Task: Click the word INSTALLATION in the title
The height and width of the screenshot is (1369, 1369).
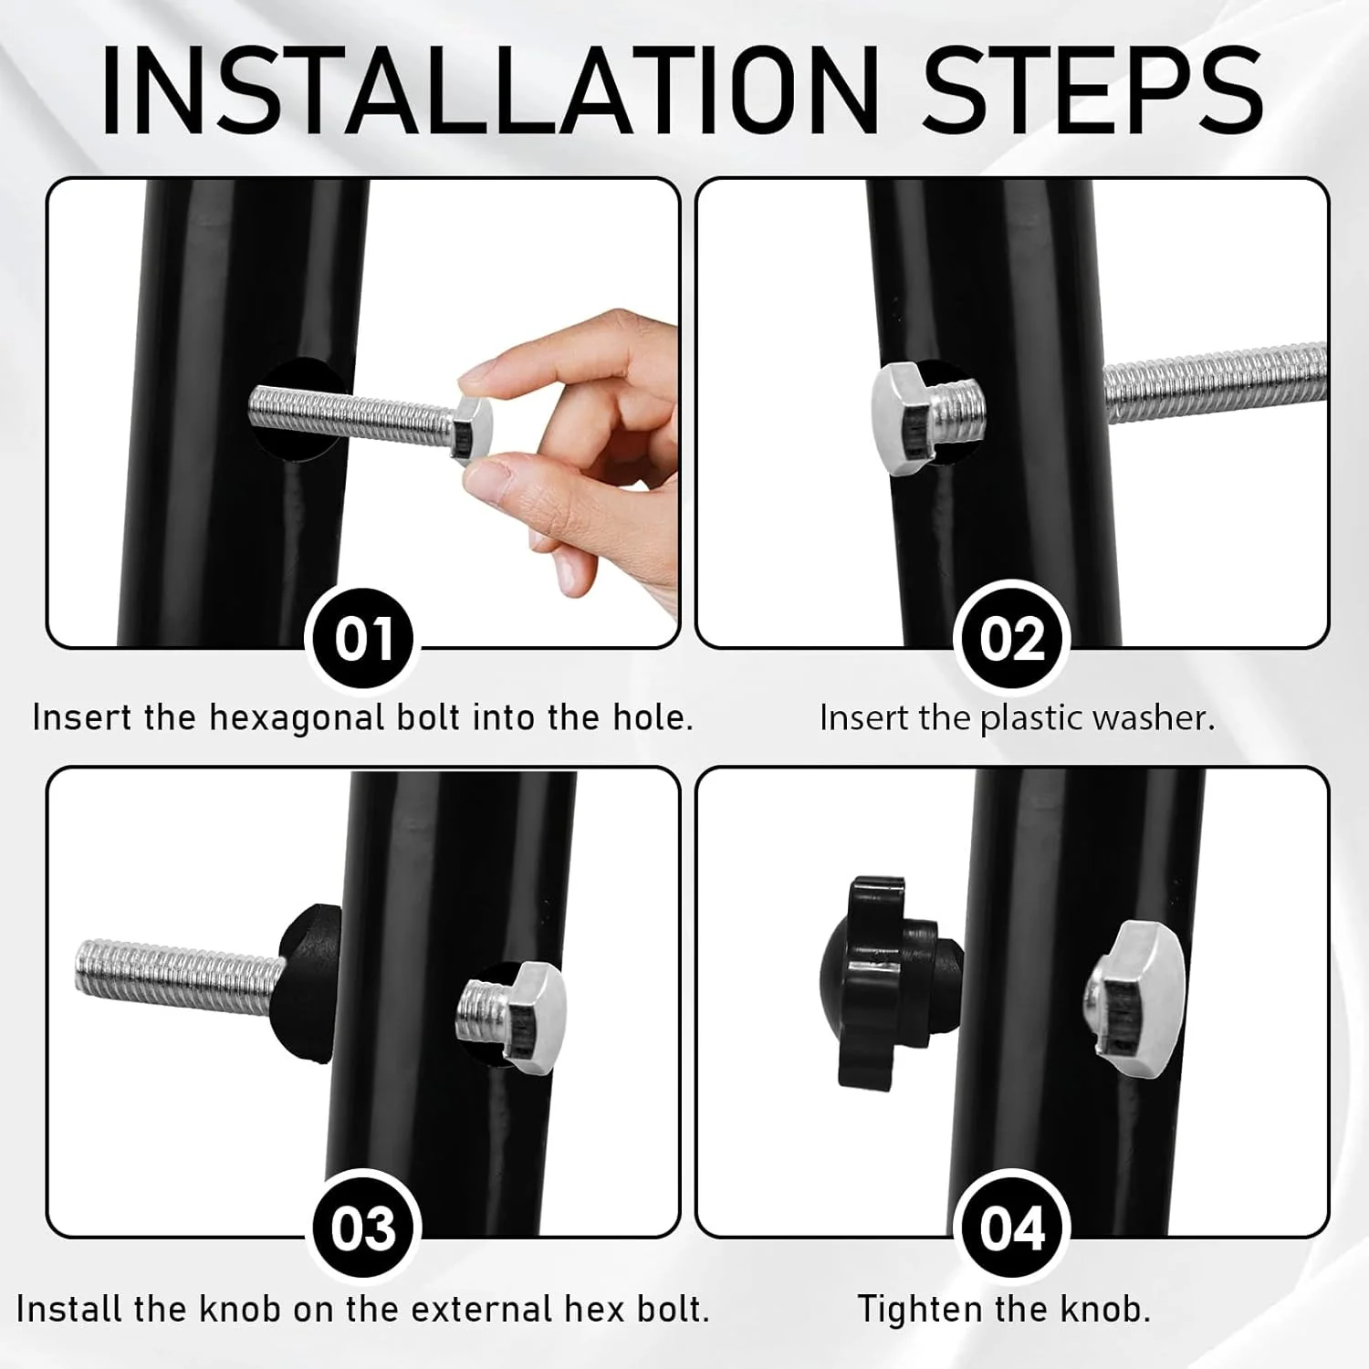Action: pos(489,89)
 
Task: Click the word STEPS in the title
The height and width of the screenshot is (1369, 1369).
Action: pos(1093,89)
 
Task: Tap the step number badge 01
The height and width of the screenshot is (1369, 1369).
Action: pos(364,639)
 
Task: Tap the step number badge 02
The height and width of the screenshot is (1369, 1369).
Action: pos(1011,639)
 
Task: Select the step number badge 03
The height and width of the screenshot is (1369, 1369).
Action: pos(364,1228)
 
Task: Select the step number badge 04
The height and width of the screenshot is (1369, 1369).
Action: pos(1011,1228)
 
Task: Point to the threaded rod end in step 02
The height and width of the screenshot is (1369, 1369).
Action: pos(1215,382)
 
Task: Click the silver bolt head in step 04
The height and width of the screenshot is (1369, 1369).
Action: pos(1137,998)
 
